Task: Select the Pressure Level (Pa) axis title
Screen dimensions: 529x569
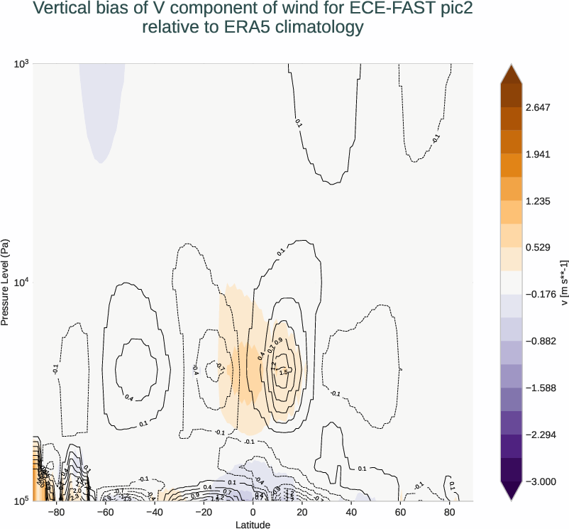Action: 6,283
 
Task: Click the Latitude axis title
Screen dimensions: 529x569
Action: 253,524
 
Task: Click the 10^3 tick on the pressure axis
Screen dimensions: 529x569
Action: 21,64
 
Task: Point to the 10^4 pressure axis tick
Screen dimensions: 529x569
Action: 21,283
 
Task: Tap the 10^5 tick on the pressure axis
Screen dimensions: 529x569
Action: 21,501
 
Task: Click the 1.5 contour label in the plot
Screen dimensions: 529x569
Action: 283,372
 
